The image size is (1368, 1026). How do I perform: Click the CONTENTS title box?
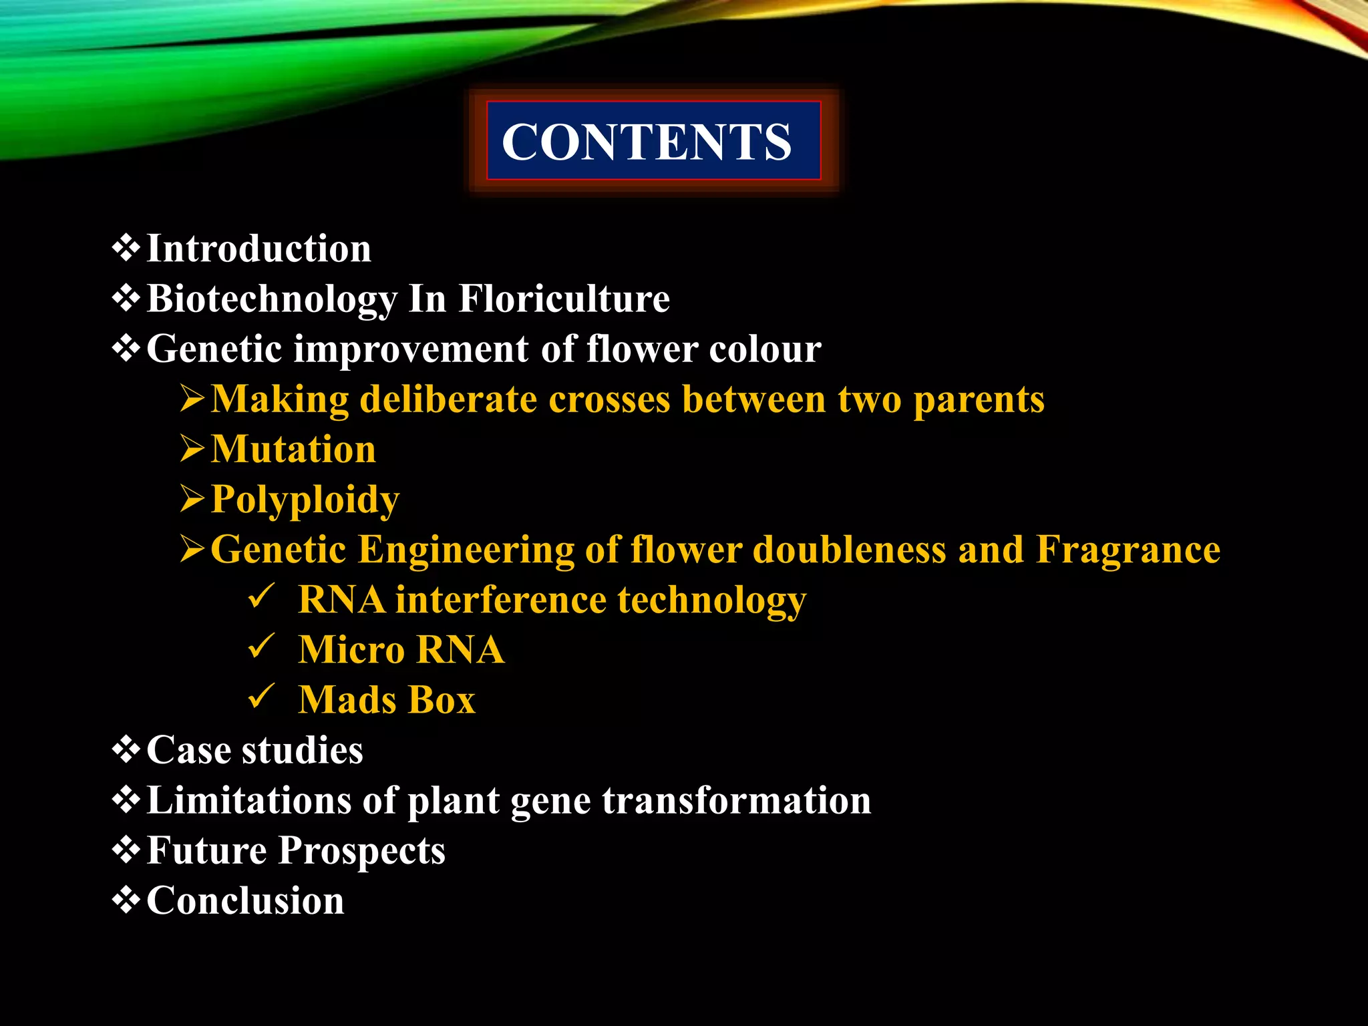[x=653, y=141]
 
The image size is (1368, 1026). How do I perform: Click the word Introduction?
[x=259, y=248]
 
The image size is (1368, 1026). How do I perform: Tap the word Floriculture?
[x=564, y=299]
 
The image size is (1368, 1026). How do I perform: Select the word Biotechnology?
[x=271, y=299]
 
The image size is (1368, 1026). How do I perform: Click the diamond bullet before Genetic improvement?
[x=126, y=349]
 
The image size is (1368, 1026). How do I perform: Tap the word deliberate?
[x=448, y=399]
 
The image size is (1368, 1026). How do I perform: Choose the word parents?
[x=978, y=399]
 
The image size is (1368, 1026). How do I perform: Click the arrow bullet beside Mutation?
[x=192, y=448]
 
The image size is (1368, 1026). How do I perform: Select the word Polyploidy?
[x=305, y=499]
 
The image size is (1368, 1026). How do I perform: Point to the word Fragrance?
[x=1128, y=549]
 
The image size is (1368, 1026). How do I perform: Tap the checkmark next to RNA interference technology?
[x=261, y=596]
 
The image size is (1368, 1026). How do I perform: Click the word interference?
[x=500, y=599]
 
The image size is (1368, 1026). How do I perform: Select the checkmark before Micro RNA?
[x=261, y=646]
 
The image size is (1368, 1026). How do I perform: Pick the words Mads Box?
[x=387, y=699]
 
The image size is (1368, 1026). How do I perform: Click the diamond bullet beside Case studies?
[x=126, y=749]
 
